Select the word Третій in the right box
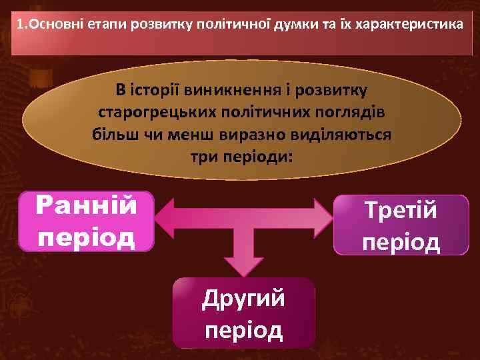click(401, 212)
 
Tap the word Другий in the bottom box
click(243, 297)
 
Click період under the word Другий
click(243, 329)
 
